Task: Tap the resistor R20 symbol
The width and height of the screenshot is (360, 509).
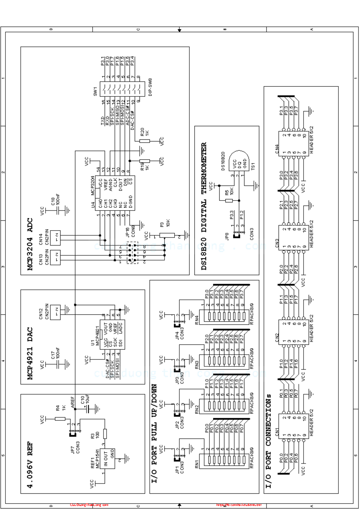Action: coord(145,141)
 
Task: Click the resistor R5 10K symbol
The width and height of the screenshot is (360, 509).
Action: coord(229,201)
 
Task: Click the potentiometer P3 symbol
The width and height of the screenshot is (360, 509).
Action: coord(167,235)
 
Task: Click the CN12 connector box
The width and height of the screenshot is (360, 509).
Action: coord(55,312)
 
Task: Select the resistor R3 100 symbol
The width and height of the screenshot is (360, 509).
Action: coord(105,433)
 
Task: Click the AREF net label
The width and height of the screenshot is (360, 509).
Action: coord(72,402)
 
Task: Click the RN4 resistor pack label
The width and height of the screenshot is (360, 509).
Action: coord(197,320)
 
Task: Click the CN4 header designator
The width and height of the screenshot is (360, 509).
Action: coord(277,149)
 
